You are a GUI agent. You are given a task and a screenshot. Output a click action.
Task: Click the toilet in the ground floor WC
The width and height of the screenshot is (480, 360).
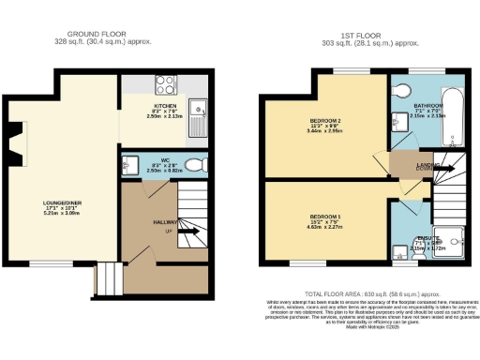pyautogui.click(x=195, y=166)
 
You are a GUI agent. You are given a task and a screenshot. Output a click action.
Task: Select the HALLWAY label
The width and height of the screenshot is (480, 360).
pyautogui.click(x=140, y=222)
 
